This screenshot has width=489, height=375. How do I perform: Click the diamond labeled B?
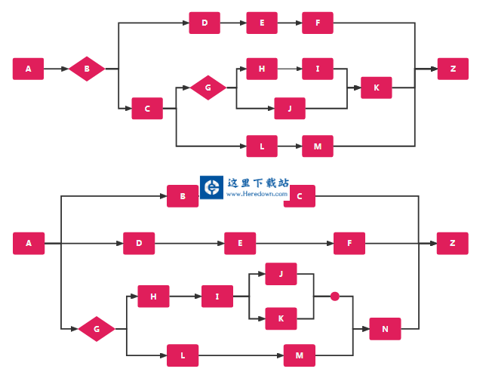87,69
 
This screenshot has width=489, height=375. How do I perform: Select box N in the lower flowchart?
385,329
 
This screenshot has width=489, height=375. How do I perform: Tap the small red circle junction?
335,297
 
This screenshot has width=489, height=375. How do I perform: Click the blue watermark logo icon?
212,187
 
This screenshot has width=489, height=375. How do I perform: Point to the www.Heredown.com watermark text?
257,194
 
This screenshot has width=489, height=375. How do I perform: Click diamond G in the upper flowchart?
208,88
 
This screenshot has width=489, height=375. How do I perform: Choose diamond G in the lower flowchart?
97,329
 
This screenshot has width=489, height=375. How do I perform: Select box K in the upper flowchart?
377,88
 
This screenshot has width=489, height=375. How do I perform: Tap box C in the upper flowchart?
147,109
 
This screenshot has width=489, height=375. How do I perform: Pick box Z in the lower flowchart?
453,243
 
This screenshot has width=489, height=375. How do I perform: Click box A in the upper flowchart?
29,69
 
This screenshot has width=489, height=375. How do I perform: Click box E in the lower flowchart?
240,243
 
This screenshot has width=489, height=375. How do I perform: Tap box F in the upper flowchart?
318,23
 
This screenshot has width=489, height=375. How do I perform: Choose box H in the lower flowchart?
153,297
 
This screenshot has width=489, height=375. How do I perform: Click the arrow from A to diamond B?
57,69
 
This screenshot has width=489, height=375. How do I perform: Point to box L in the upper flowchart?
262,146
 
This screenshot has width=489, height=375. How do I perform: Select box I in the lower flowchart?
217,297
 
